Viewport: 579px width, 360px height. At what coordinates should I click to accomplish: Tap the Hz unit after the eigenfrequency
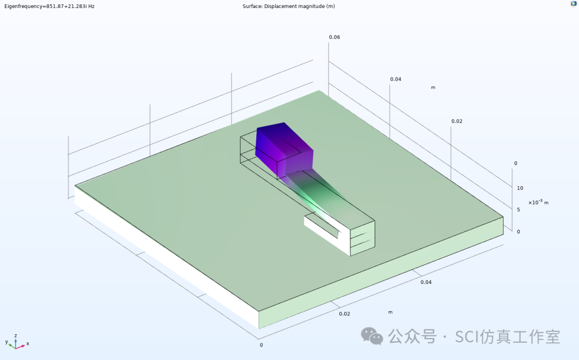tap(91, 6)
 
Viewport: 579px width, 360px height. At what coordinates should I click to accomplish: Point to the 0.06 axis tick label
tap(335, 37)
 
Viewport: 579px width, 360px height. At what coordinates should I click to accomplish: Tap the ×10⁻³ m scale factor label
tap(538, 202)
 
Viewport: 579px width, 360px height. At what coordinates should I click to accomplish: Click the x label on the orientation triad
tap(27, 343)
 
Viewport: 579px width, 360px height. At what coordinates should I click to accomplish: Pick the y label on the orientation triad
tap(6, 342)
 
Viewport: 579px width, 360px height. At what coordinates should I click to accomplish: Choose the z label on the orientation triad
tap(16, 335)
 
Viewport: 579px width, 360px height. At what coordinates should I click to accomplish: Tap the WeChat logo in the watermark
tap(372, 336)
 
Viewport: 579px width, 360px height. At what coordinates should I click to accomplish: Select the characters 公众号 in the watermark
tap(412, 337)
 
